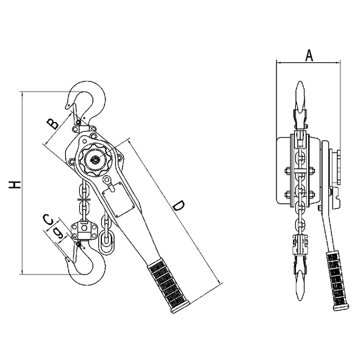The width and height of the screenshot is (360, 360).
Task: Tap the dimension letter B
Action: tap(54, 123)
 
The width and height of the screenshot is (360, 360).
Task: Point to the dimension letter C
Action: tap(48, 219)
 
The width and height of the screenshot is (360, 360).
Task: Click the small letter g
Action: tap(57, 232)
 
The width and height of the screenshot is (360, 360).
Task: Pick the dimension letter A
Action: tap(309, 55)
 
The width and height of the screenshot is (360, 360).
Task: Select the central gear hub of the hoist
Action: tap(95, 160)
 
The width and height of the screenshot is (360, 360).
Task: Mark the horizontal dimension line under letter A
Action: tap(309, 62)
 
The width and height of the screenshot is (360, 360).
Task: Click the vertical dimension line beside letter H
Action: tap(23, 183)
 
